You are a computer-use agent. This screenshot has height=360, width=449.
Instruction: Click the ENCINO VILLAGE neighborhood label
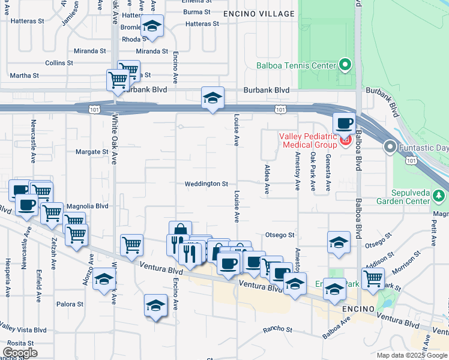tap(259, 14)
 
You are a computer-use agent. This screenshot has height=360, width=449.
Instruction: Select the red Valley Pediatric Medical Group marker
tap(345, 141)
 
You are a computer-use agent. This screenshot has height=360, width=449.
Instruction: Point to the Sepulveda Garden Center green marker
tap(441, 196)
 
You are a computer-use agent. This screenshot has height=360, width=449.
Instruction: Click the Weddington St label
tap(206, 184)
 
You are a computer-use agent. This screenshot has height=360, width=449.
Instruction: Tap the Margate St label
tap(91, 152)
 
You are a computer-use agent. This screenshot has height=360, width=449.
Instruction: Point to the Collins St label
tap(59, 62)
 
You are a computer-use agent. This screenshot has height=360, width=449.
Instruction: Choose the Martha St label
tap(24, 76)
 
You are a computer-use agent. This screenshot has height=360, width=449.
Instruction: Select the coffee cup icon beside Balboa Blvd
tap(344, 123)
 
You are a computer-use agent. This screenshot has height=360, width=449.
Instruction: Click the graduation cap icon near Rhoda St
tap(152, 26)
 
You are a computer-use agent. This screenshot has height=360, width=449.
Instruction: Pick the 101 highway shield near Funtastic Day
tap(410, 160)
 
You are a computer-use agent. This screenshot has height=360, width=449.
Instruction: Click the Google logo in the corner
tap(19, 353)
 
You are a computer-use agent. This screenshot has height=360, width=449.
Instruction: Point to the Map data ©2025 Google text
tap(412, 355)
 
